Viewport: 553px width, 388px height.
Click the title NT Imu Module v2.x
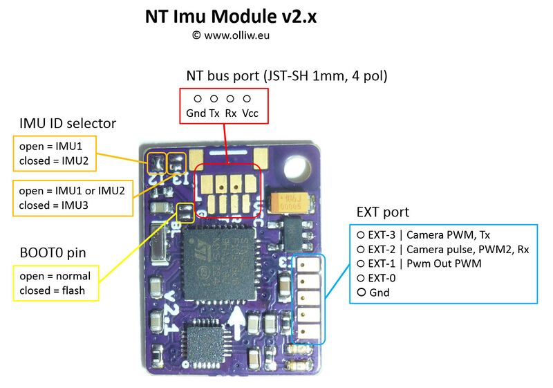(x=231, y=17)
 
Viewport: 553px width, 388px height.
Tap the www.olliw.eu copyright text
(x=231, y=35)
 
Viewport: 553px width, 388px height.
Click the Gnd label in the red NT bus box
(x=196, y=113)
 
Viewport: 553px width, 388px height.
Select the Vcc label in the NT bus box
(x=250, y=113)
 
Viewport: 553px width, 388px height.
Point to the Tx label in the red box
(x=214, y=113)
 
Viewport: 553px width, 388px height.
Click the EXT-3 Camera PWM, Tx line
(x=423, y=235)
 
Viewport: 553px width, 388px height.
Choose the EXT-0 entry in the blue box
(x=376, y=278)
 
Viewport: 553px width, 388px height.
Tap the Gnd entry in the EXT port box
(x=373, y=293)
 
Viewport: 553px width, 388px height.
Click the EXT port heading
(x=383, y=212)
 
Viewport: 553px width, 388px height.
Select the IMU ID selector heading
(x=68, y=123)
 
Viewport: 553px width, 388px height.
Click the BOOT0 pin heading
(x=53, y=253)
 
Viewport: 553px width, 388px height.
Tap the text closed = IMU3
(x=54, y=205)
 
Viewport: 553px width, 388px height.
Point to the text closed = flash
(x=53, y=290)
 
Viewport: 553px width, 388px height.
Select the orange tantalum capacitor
(x=290, y=203)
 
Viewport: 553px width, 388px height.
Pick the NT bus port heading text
(x=287, y=76)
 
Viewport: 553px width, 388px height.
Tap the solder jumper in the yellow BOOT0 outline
(x=185, y=213)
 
